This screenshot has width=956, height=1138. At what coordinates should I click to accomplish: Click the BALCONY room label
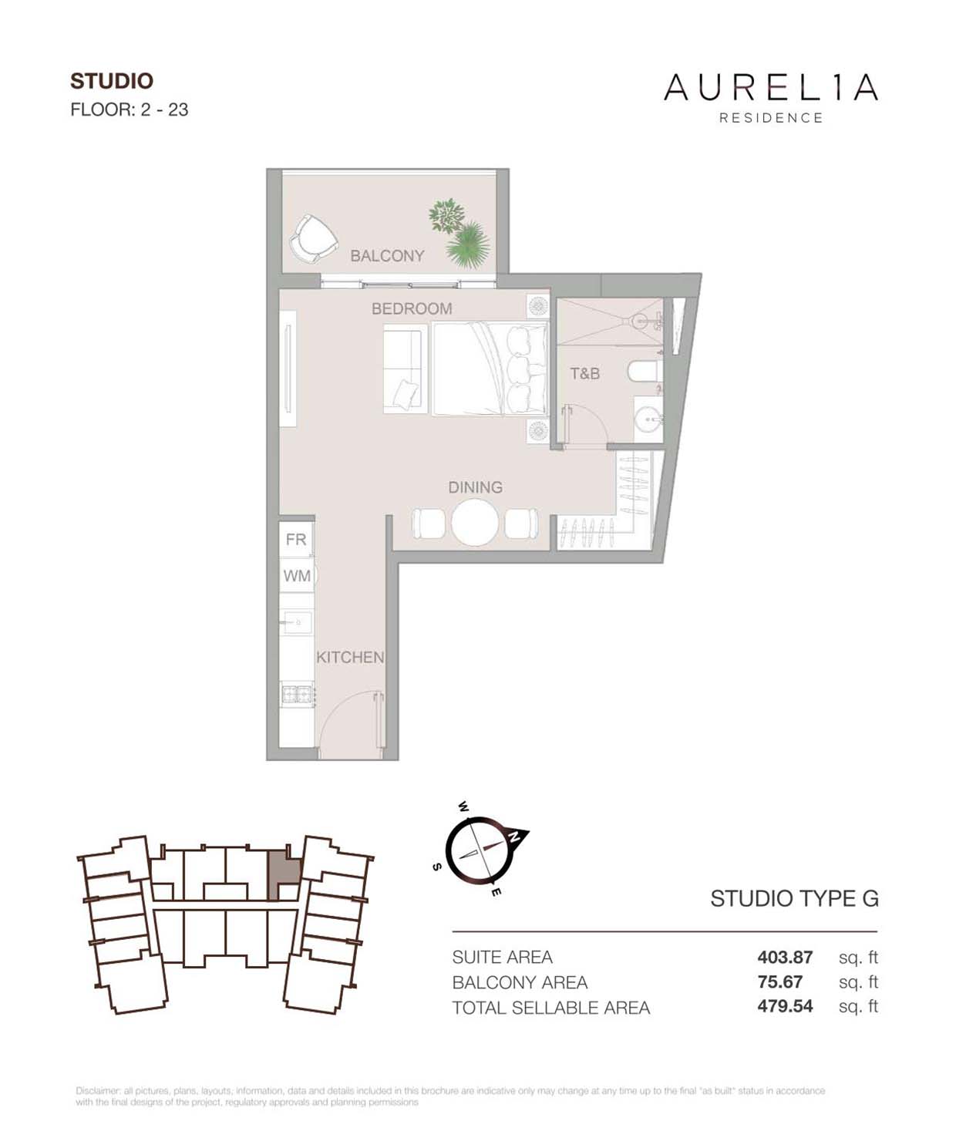click(x=387, y=256)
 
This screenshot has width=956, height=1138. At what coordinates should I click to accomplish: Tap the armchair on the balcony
click(x=313, y=239)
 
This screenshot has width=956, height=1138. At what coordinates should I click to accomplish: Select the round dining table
click(x=475, y=523)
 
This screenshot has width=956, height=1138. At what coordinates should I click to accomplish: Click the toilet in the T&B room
click(x=645, y=372)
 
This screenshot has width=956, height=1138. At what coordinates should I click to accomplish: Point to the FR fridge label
click(x=296, y=540)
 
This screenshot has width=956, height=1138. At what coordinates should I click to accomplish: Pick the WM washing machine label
click(x=297, y=575)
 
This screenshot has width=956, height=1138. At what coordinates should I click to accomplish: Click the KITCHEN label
click(x=350, y=658)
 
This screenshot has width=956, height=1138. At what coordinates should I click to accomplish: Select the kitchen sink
click(x=297, y=622)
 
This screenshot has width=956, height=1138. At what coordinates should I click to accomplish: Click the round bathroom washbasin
click(x=648, y=419)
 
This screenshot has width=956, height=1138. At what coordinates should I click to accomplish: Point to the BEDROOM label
click(x=412, y=308)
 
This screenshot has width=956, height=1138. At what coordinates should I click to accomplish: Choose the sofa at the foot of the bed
click(x=405, y=369)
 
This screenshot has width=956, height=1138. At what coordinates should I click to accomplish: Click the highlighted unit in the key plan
click(x=284, y=880)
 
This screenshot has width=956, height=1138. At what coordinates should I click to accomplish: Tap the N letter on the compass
click(x=513, y=836)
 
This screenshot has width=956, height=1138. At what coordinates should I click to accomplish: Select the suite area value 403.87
click(x=785, y=957)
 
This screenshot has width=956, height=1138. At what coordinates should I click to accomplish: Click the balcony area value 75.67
click(x=780, y=981)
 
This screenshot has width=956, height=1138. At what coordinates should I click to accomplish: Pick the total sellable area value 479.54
click(x=785, y=1006)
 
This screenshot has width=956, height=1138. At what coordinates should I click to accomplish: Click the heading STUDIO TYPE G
click(x=794, y=899)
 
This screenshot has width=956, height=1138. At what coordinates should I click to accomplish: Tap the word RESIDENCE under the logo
click(x=771, y=118)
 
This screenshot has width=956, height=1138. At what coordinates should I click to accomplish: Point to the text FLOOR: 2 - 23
click(x=130, y=109)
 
